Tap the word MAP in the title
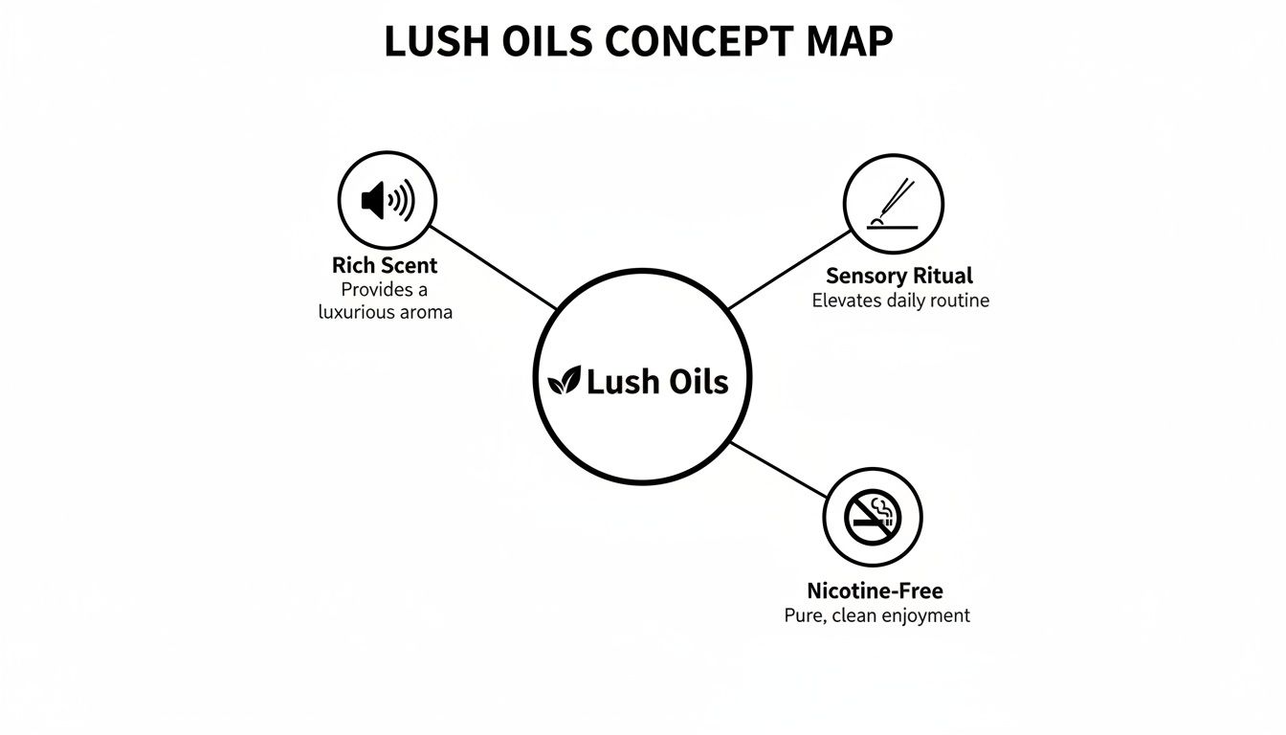(x=847, y=42)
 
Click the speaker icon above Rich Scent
(x=388, y=201)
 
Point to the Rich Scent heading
(x=385, y=265)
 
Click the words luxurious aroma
(x=385, y=312)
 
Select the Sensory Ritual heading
(x=898, y=277)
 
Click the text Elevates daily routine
(x=900, y=301)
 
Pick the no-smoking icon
(x=873, y=518)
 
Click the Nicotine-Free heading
(x=875, y=590)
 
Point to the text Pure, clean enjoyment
(x=876, y=615)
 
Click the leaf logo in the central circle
(x=564, y=382)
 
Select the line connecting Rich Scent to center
(x=493, y=268)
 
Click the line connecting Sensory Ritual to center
(x=787, y=270)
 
